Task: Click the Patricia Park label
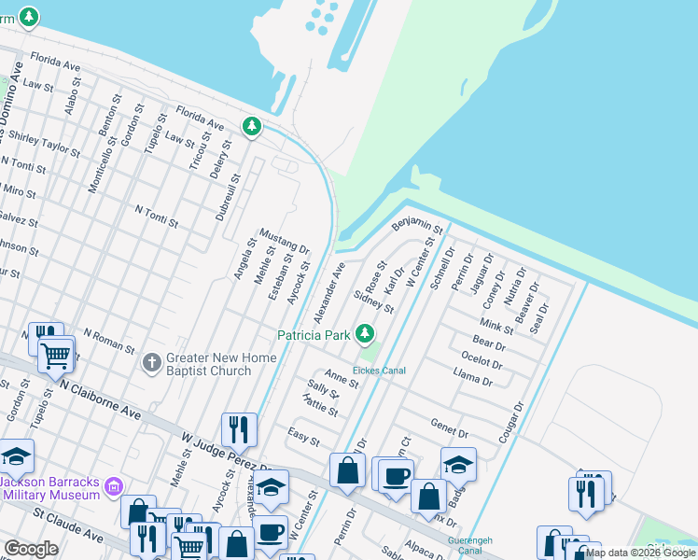[x=314, y=334]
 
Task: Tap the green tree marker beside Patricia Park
[x=365, y=333]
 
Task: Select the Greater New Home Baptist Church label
[x=220, y=364]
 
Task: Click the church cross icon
[x=152, y=362]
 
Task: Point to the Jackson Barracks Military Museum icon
[x=114, y=486]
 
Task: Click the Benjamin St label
[x=416, y=224]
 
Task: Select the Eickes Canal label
[x=379, y=371]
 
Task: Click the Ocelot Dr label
[x=482, y=359]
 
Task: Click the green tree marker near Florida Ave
[x=252, y=126]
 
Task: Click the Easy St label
[x=303, y=436]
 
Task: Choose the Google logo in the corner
[x=31, y=549]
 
